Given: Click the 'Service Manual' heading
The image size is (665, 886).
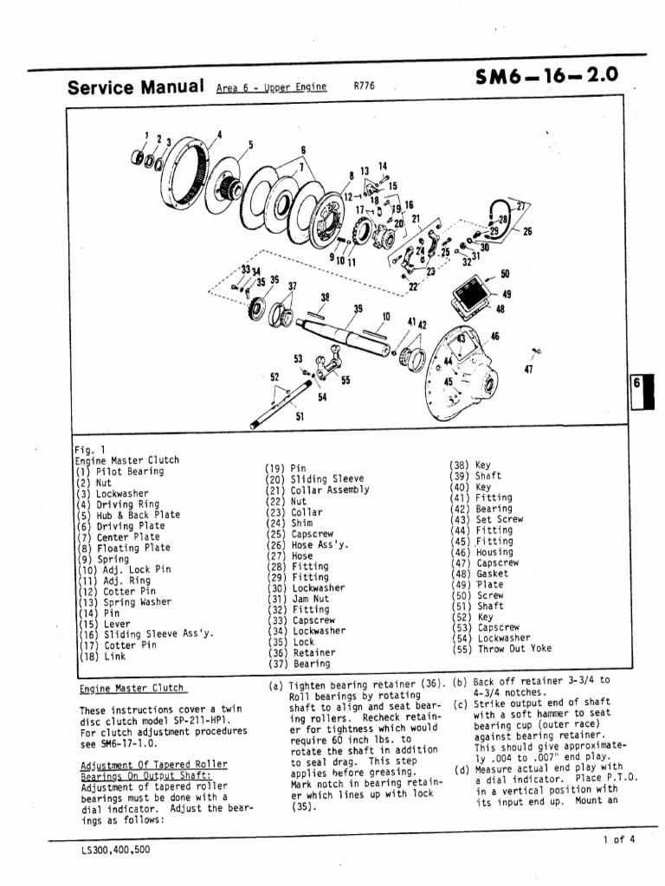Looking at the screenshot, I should (135, 87).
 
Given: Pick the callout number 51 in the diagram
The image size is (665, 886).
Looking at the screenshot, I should (300, 415).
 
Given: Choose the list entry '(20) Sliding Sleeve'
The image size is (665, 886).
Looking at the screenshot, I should (314, 478).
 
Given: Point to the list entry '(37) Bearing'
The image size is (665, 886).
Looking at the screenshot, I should (299, 664).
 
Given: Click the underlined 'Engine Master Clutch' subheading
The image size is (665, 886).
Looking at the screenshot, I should (131, 688).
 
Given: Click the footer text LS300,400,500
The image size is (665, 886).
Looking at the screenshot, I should (114, 849).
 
